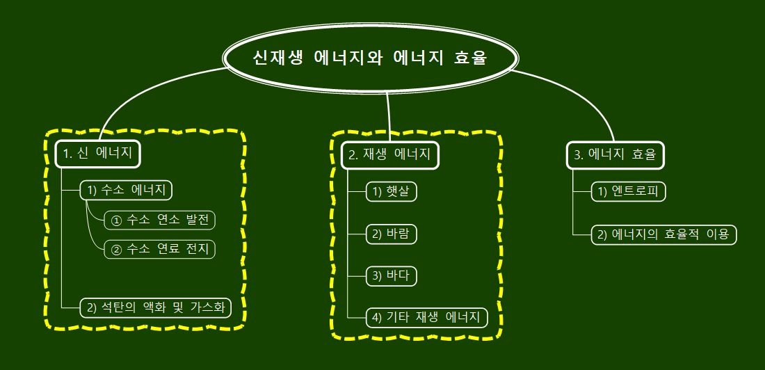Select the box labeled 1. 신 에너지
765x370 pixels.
pos(97,154)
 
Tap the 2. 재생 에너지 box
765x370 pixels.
pos(390,154)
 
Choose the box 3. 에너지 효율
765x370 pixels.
pos(615,154)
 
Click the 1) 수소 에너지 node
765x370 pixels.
pos(126,190)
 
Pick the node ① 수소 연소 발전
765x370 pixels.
pos(160,220)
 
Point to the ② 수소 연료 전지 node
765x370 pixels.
pos(160,249)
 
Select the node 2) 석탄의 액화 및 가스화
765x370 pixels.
pos(156,307)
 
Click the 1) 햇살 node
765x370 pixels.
pos(392,192)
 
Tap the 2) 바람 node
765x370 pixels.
pos(392,234)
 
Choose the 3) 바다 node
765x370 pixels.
pos(392,276)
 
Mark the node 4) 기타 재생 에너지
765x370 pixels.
pos(427,318)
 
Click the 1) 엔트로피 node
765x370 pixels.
pos(629,192)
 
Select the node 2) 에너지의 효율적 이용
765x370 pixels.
pos(663,234)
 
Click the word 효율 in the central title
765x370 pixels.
pos(470,58)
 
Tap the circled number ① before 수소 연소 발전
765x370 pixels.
pos(116,221)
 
